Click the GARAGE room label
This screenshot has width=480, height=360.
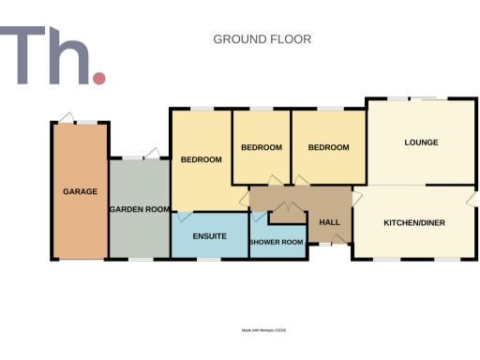pos(81,191)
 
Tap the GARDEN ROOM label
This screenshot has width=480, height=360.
pos(138,209)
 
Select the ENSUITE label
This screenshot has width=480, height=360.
pos(209,236)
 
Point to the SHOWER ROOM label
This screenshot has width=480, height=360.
pos(277,243)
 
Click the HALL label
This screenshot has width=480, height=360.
pos(329,222)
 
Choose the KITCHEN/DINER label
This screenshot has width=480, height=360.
pos(413,222)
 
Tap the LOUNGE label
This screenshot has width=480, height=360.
pos(421,142)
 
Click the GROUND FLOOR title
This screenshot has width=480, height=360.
pos(262,39)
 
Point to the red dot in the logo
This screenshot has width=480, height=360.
pos(99,79)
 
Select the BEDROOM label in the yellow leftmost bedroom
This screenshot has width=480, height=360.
pos(201,159)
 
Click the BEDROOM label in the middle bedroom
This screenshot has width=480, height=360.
pos(262,147)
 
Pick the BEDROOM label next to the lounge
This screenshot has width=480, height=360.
pos(328,147)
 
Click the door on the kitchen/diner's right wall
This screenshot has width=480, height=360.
pos(472,199)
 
